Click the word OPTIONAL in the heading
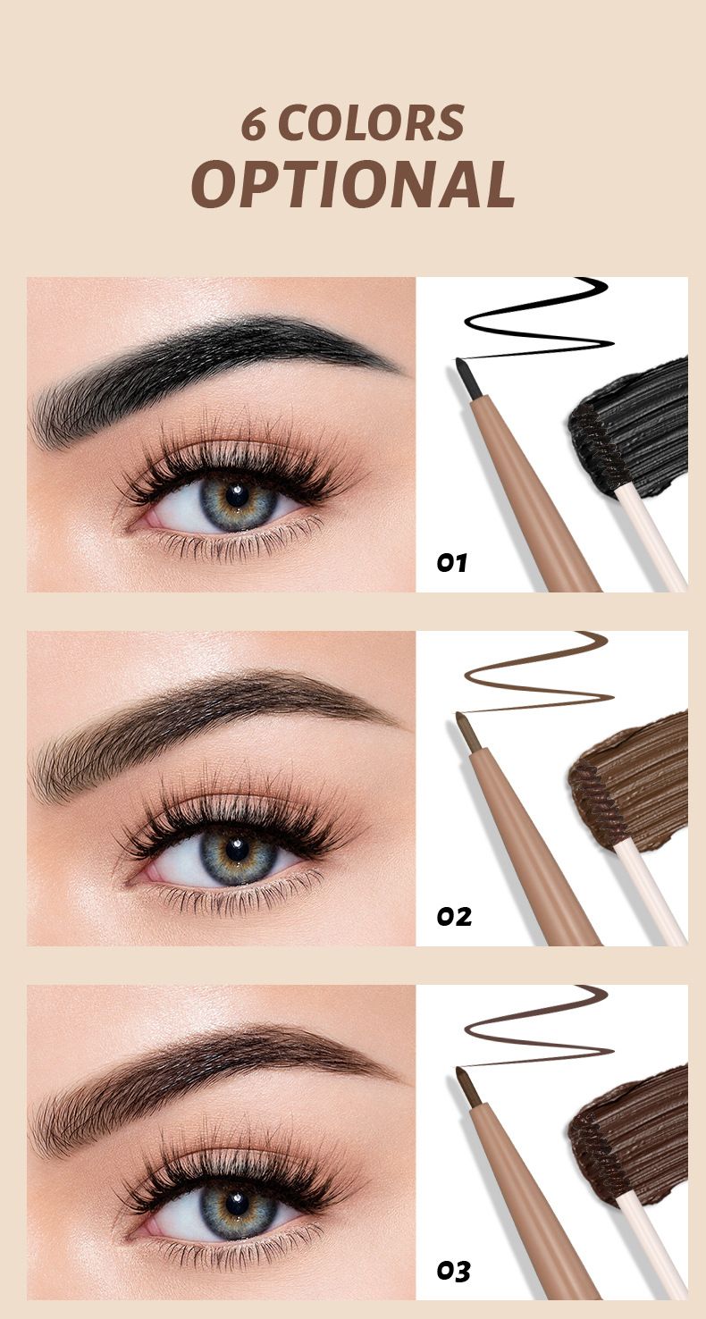(x=353, y=183)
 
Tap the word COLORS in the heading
(x=371, y=122)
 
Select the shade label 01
(x=451, y=563)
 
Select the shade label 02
(x=454, y=917)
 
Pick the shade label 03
(x=453, y=1272)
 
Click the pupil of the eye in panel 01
(x=238, y=496)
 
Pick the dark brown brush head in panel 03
(x=597, y=1157)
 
